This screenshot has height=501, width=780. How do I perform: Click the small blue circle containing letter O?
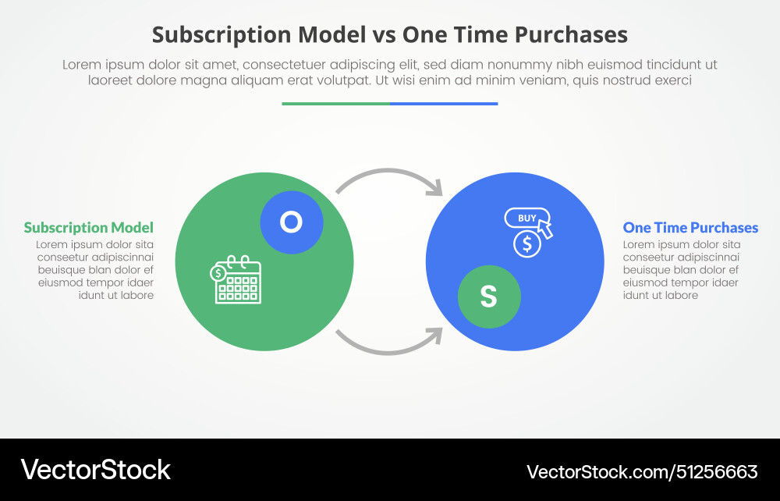[291, 222]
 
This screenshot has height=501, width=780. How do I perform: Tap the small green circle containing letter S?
[489, 296]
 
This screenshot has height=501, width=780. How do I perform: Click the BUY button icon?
[526, 218]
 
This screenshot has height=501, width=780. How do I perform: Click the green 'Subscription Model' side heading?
[88, 228]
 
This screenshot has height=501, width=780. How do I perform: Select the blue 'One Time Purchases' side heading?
[690, 228]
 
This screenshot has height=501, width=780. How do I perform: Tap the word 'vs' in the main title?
[385, 35]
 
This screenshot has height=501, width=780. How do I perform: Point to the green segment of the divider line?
[335, 104]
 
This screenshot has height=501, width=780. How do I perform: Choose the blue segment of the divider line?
[444, 104]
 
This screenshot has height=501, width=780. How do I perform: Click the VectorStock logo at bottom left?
[95, 470]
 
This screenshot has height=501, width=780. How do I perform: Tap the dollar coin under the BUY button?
[526, 244]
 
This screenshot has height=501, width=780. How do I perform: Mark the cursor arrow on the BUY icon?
[544, 229]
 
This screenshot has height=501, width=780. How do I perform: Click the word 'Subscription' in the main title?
[221, 35]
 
